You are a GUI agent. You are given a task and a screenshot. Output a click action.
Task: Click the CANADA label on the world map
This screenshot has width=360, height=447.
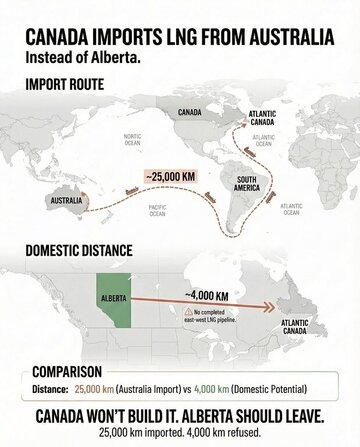[191, 112]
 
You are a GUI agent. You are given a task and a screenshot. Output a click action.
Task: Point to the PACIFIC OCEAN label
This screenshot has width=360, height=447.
[157, 210]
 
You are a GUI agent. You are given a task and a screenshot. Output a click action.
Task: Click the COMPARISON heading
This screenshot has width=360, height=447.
[75, 369]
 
